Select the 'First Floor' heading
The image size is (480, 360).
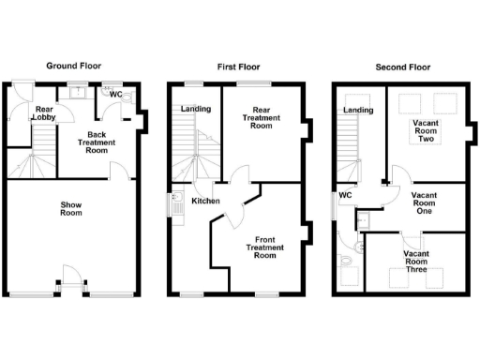click(236, 66)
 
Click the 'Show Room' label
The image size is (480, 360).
click(71, 208)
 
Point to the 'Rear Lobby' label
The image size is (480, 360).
click(43, 114)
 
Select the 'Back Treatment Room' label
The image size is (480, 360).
click(96, 142)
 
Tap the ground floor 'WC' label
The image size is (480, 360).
click(115, 94)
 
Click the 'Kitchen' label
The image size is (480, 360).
click(205, 202)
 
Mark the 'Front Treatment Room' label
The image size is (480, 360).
click(264, 247)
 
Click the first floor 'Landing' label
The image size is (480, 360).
click(195, 109)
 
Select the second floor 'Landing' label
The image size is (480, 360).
click(358, 110)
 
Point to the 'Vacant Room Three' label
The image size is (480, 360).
click(416, 261)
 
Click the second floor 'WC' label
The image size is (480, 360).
click(344, 195)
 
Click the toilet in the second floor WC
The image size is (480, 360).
click(348, 260)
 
